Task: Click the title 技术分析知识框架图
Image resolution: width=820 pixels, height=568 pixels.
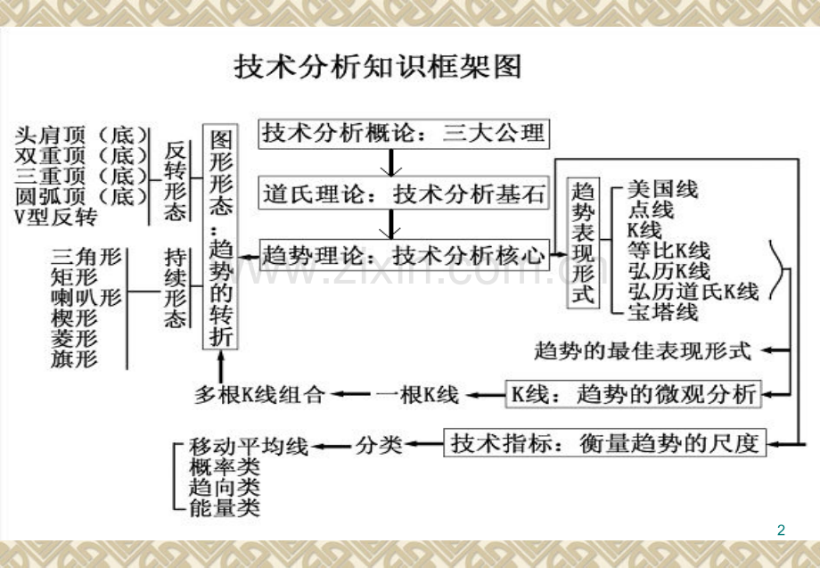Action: click(378, 66)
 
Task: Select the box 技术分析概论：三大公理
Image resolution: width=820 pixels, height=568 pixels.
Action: click(404, 134)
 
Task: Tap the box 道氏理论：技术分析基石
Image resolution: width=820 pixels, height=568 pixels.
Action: click(404, 194)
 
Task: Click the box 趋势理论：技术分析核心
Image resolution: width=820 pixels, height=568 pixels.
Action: click(404, 255)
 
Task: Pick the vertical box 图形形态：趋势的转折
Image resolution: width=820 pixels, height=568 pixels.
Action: click(220, 236)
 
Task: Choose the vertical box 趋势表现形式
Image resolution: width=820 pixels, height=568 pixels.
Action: click(583, 243)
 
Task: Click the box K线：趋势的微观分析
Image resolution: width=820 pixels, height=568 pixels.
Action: click(634, 394)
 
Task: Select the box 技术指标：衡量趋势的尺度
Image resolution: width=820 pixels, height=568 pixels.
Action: click(605, 443)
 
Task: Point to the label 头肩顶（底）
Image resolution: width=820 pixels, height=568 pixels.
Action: click(82, 136)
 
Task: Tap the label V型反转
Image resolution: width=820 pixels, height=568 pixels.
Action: click(56, 217)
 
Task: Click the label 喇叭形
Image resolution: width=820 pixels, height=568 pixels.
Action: click(86, 297)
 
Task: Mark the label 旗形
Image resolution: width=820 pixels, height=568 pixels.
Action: click(74, 358)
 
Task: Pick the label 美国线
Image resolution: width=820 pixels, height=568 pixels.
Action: click(662, 189)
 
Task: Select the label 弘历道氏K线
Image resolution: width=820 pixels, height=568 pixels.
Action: click(693, 291)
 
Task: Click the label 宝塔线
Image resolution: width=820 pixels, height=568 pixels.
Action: click(662, 312)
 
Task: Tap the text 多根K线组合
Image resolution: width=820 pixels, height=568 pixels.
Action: click(259, 394)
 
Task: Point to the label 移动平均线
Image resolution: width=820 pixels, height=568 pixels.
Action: click(249, 446)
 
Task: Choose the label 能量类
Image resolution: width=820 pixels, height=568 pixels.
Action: click(225, 507)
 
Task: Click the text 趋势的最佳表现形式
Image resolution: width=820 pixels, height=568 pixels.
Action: click(643, 350)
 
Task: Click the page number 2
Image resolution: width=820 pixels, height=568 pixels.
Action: click(782, 530)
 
